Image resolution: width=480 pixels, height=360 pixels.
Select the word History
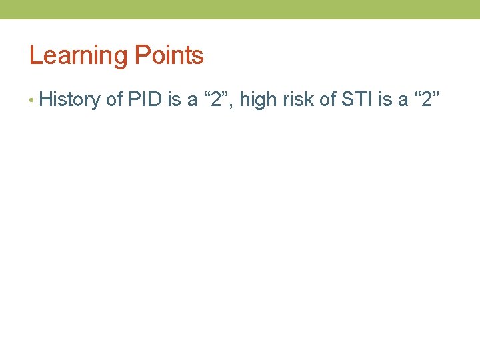coord(69,100)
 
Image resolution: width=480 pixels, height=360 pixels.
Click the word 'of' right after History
coord(114,100)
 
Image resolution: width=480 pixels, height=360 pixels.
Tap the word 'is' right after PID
coord(175,100)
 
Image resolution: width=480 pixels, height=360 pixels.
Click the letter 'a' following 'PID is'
coord(193,101)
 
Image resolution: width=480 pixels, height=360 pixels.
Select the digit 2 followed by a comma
coord(217,100)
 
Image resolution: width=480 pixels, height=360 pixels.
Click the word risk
coord(293,100)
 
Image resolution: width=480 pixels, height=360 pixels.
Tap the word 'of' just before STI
coord(325,100)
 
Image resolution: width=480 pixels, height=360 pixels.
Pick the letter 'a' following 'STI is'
coord(403,101)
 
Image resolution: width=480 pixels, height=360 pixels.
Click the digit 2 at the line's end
coord(427,100)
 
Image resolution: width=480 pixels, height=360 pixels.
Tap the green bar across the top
coord(240,9)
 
